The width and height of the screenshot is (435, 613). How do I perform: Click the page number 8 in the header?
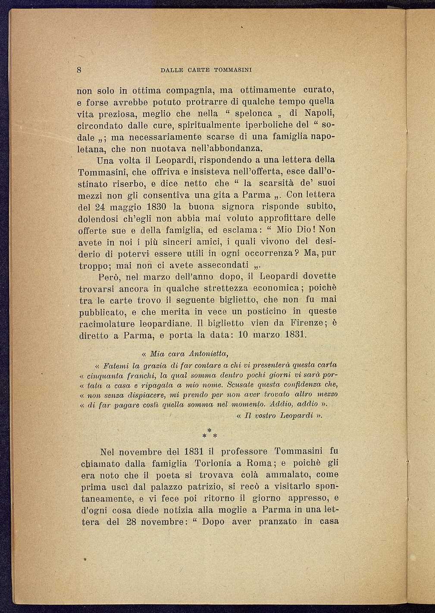[x=80, y=70]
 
